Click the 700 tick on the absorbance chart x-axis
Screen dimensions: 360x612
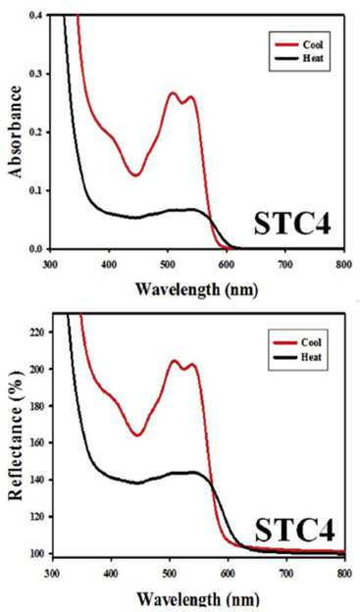pos(285,265)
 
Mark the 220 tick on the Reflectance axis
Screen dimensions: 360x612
pos(39,332)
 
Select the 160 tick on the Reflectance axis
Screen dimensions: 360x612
pos(39,442)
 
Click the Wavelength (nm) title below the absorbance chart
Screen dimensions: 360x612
pos(197,289)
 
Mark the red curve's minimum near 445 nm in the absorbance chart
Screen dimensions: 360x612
pos(135,175)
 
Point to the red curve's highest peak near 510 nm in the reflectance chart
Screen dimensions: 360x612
pos(175,361)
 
